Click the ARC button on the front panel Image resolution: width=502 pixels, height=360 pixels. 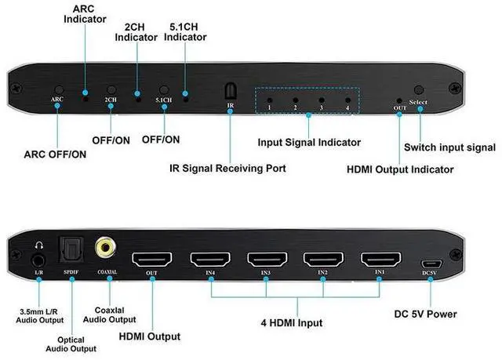tap(56, 91)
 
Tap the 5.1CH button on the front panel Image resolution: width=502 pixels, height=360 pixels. tap(164, 91)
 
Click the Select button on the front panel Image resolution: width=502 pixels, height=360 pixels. tap(419, 91)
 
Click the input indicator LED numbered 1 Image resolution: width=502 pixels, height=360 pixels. tap(270, 100)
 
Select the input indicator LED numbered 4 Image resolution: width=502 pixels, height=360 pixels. tap(345, 100)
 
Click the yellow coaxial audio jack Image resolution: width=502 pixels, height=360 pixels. tap(104, 249)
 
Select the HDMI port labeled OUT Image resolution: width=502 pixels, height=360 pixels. tap(152, 260)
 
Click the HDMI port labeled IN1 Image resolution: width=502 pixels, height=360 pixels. tap(380, 260)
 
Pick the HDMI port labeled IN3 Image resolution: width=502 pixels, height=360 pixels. tap(266, 260)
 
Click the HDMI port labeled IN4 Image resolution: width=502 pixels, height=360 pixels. tap(209, 260)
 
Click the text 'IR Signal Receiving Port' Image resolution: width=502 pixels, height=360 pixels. tap(229, 168)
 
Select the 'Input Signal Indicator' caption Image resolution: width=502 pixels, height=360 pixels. tap(309, 143)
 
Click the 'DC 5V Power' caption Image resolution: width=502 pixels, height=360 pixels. tap(426, 315)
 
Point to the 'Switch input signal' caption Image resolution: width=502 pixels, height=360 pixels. tap(449, 147)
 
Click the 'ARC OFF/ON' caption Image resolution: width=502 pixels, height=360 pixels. tap(56, 154)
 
